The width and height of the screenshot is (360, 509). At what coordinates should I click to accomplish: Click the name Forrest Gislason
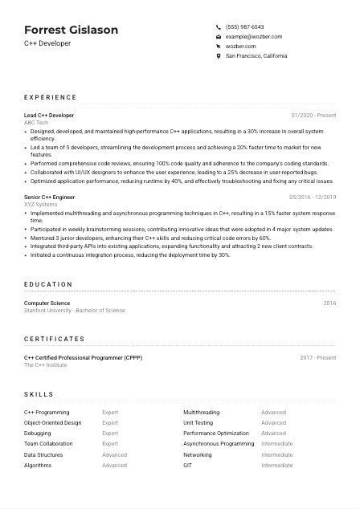tap(71, 30)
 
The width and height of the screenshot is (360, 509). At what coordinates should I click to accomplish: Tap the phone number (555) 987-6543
tap(244, 26)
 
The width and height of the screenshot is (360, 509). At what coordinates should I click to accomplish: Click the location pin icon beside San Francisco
tap(219, 56)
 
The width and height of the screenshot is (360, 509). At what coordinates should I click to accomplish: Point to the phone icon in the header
tap(219, 26)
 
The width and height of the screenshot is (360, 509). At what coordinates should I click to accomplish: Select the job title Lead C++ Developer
tap(49, 116)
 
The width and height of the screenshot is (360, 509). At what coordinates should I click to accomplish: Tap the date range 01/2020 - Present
tap(313, 116)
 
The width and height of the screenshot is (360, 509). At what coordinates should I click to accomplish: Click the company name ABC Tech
tap(36, 122)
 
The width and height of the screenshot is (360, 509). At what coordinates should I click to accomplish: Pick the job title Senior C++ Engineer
tap(51, 197)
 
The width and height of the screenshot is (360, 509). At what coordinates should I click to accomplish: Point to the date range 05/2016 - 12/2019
tap(312, 197)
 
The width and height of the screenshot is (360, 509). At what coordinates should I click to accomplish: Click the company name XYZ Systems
tap(41, 204)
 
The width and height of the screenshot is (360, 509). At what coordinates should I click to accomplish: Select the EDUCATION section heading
tap(48, 284)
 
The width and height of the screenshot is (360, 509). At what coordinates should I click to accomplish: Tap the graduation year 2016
tap(329, 303)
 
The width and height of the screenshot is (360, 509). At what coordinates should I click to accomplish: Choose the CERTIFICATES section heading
tap(54, 339)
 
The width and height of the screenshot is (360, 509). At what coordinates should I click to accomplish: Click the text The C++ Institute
tap(46, 364)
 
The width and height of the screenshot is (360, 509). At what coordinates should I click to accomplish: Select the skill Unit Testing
tap(198, 422)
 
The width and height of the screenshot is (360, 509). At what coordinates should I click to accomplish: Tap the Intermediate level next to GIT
tap(277, 465)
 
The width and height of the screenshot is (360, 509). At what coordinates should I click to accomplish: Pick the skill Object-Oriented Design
tap(52, 422)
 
